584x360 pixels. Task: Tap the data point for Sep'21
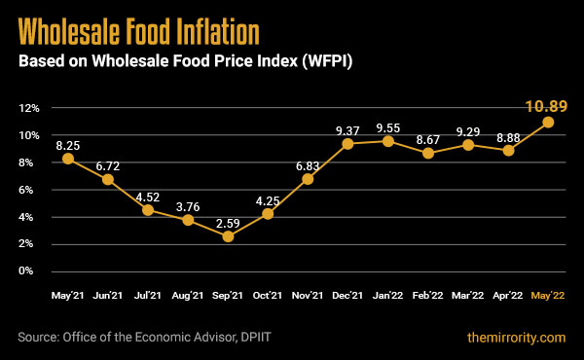(228, 236)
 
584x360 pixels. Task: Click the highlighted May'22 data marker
(548, 122)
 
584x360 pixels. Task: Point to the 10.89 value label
(545, 106)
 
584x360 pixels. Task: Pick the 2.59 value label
(228, 220)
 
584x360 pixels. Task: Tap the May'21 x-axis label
(67, 294)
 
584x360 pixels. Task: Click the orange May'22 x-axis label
(548, 294)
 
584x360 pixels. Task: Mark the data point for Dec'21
(347, 144)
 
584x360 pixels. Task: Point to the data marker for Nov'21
(308, 178)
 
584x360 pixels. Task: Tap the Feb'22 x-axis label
(428, 294)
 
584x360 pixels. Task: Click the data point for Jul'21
(148, 210)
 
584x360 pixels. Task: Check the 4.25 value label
(268, 198)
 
